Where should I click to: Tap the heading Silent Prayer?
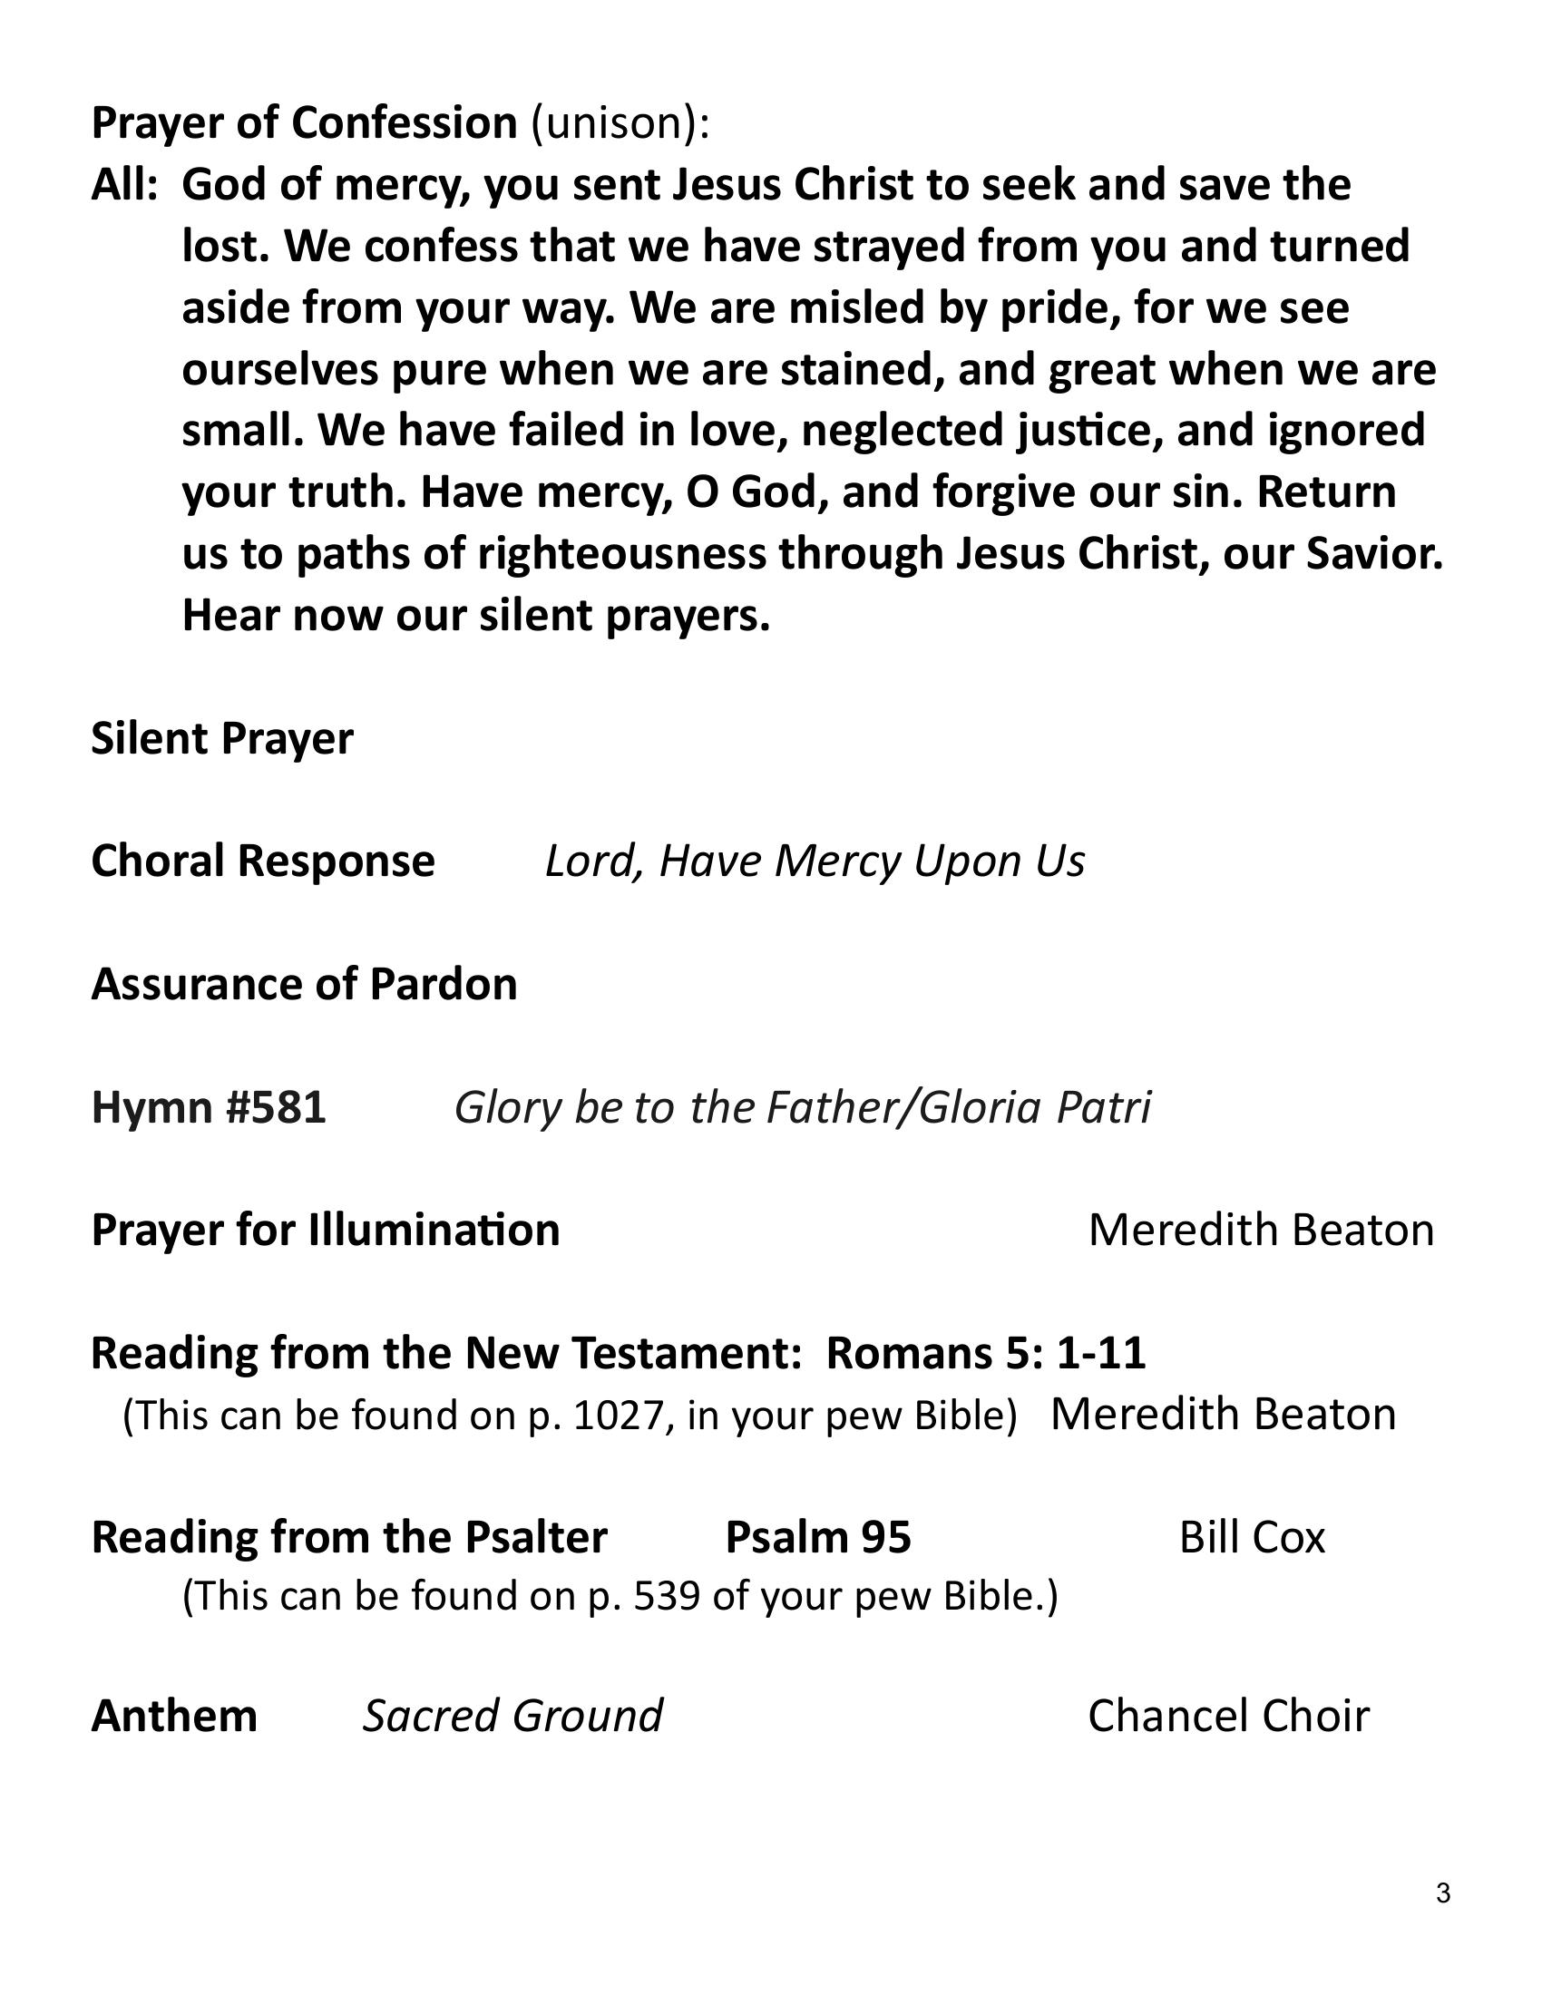click(222, 738)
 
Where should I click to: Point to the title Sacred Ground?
click(512, 1716)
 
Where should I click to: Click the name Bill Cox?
click(1252, 1537)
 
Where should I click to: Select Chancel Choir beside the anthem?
click(1228, 1716)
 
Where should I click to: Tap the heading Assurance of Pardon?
click(304, 984)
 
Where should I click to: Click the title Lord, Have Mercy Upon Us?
click(815, 861)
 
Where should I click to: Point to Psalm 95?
click(817, 1537)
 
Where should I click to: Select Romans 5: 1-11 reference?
click(986, 1353)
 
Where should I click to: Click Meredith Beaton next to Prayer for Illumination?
click(1261, 1231)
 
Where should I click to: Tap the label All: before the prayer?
click(125, 185)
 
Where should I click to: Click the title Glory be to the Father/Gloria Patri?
click(802, 1107)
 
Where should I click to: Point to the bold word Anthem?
click(174, 1716)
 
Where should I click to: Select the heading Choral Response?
click(263, 861)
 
